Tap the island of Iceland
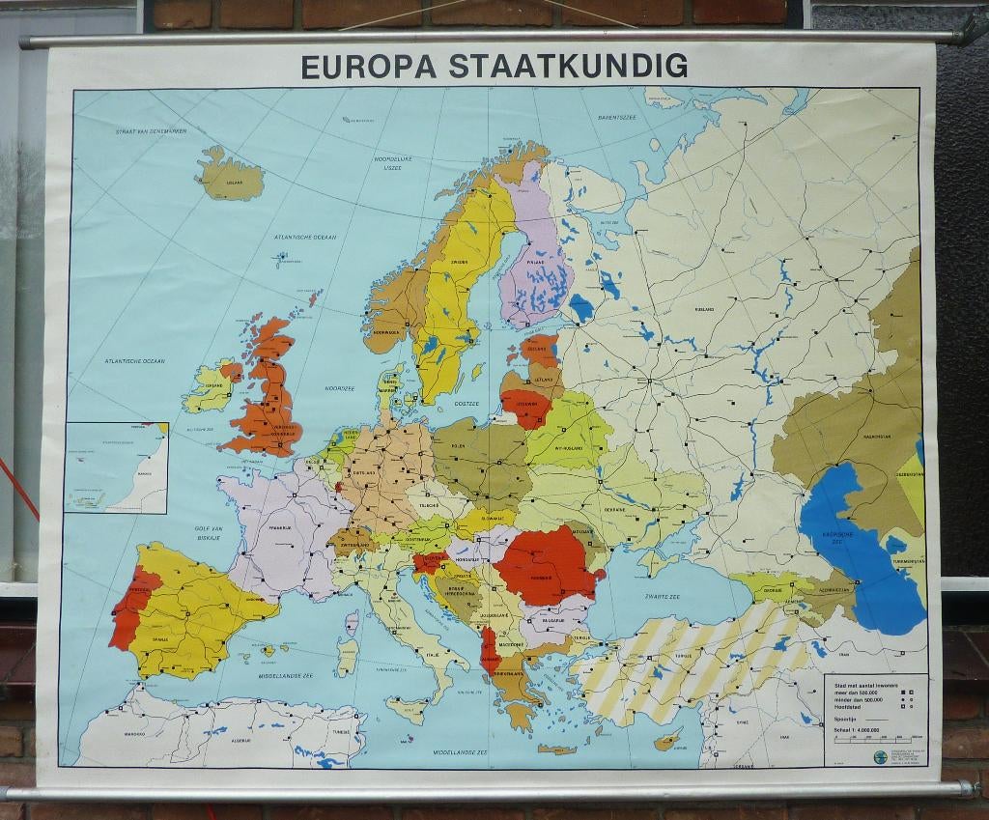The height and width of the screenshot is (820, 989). (232, 177)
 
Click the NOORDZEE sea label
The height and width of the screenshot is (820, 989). (340, 388)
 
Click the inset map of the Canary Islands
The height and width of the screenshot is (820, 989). (116, 467)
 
